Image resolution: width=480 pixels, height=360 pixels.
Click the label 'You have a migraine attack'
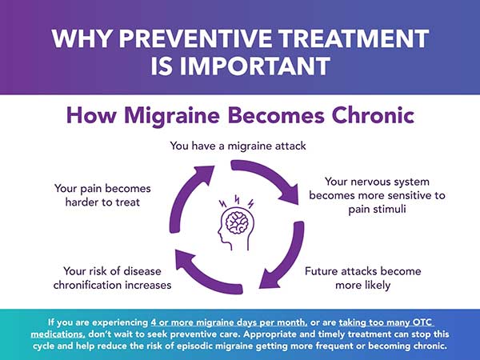click(x=239, y=146)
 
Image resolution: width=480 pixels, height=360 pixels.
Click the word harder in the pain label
click(x=79, y=202)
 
